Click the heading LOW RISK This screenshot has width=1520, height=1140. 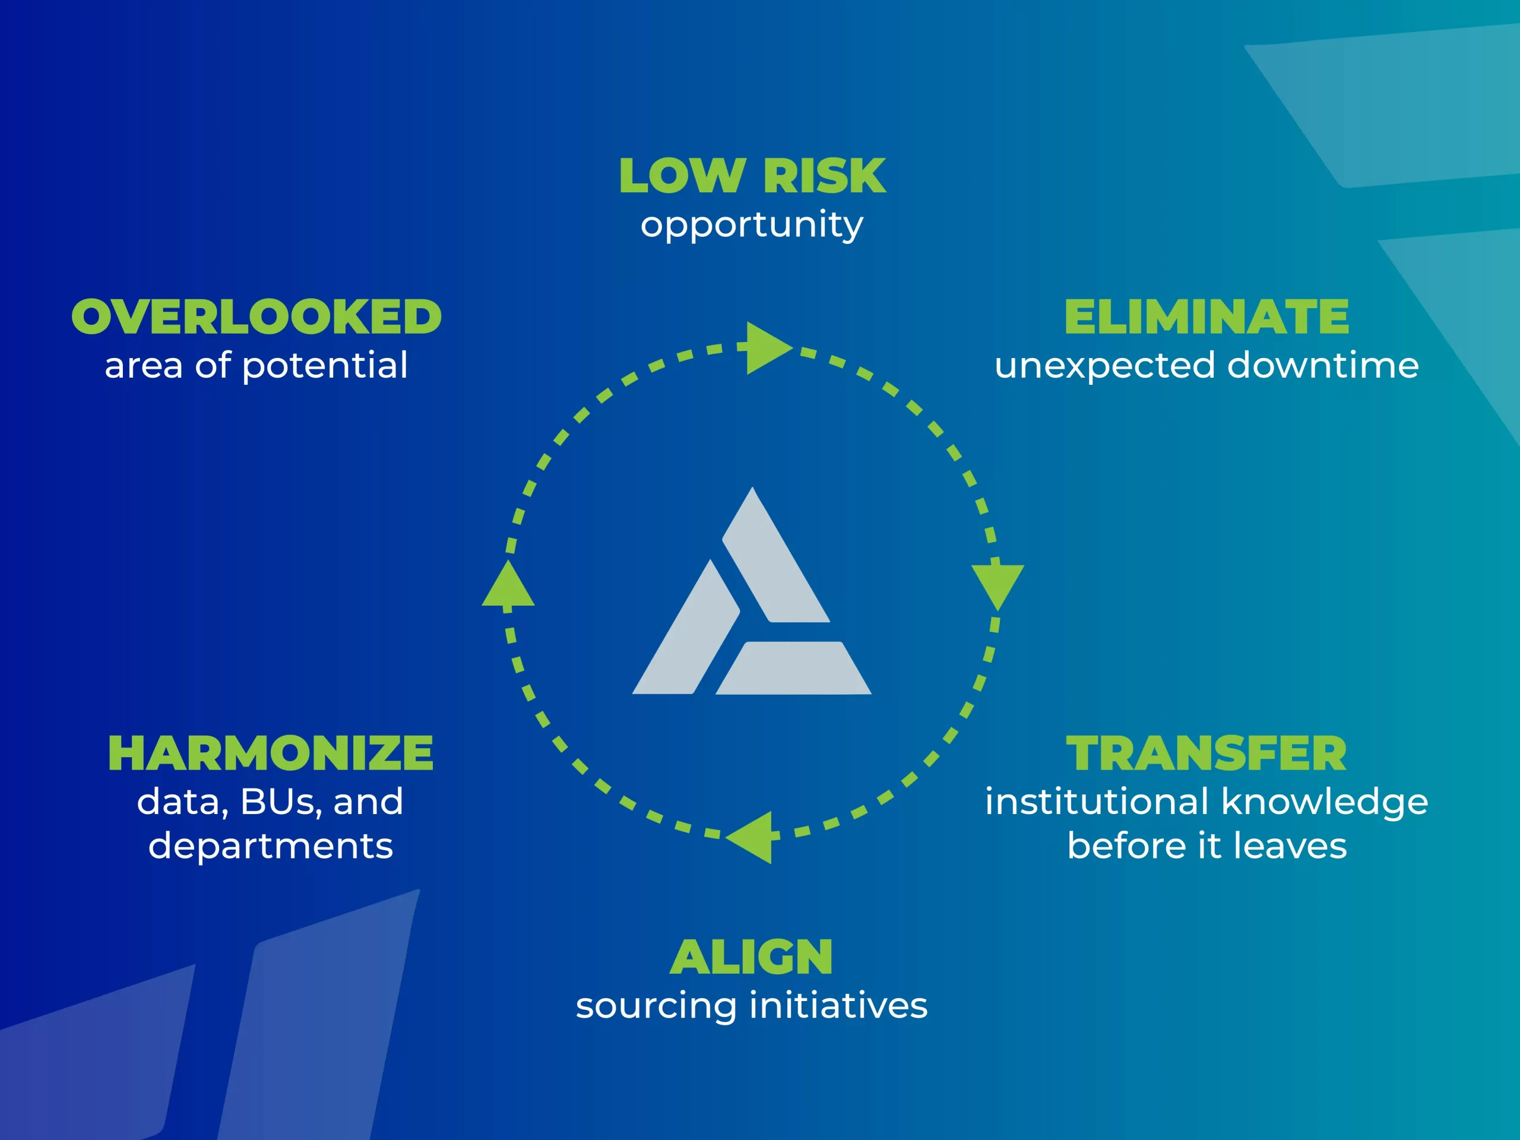tap(752, 176)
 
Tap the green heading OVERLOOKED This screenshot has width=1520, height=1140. tap(256, 317)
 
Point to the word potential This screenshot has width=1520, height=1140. tap(325, 366)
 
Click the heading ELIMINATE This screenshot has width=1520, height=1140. tap(1206, 317)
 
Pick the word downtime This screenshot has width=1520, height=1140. tap(1323, 365)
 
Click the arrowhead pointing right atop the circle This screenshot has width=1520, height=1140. tap(767, 348)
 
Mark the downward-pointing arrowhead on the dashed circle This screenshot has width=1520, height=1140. tap(997, 585)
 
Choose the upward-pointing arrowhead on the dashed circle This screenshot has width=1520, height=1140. tap(508, 585)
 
